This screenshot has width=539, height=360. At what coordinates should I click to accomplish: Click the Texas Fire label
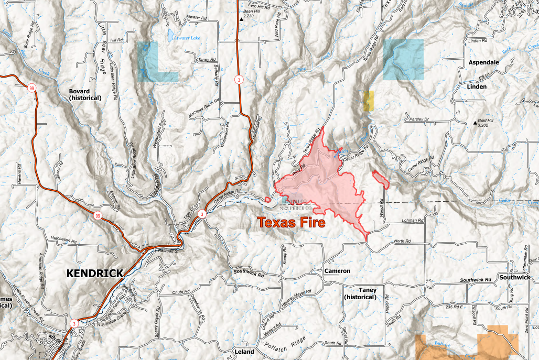pyautogui.click(x=291, y=223)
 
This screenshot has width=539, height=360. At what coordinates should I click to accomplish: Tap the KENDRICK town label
pyautogui.click(x=94, y=273)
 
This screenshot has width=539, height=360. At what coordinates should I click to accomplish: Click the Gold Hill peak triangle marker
pyautogui.click(x=476, y=124)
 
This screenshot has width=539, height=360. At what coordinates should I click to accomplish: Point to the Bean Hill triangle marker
pyautogui.click(x=241, y=19)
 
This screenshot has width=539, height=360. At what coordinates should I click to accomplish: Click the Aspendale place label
pyautogui.click(x=483, y=62)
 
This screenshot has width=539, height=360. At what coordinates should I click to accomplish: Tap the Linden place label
pyautogui.click(x=476, y=86)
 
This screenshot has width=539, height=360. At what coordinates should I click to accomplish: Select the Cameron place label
pyautogui.click(x=337, y=271)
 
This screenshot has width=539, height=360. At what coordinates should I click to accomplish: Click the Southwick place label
pyautogui.click(x=515, y=277)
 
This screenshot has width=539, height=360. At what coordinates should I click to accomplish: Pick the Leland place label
pyautogui.click(x=244, y=352)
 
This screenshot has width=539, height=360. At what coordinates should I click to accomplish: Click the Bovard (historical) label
pyautogui.click(x=85, y=94)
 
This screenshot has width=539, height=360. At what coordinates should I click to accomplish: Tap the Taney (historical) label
pyautogui.click(x=360, y=293)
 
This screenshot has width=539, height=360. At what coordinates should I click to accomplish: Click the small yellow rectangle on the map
pyautogui.click(x=369, y=101)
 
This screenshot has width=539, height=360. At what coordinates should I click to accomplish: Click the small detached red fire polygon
pyautogui.click(x=381, y=179)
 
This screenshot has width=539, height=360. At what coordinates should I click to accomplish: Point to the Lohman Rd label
pyautogui.click(x=413, y=221)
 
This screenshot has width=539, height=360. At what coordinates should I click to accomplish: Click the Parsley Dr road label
pyautogui.click(x=419, y=119)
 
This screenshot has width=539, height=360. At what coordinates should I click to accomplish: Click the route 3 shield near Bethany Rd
pyautogui.click(x=239, y=80)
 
